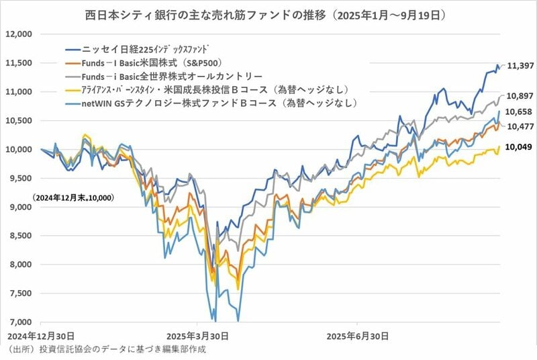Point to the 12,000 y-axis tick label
coord(19,34)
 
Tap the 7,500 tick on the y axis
coord(20,294)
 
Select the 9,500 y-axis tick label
coord(20,178)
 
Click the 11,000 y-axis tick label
coord(19,91)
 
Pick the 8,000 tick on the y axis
coord(20,265)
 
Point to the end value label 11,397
coord(520,66)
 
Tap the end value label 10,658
coord(520,111)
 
